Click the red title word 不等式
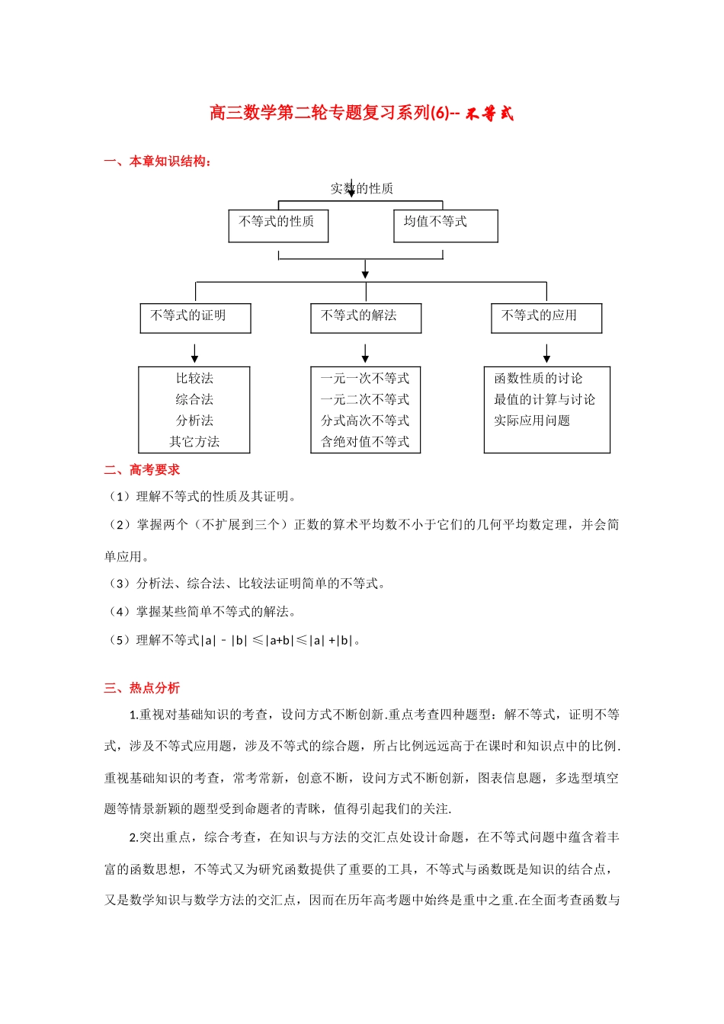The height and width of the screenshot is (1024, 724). point(490,114)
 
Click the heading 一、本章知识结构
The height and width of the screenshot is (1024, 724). point(159,162)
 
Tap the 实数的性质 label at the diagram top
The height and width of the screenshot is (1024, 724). point(362,188)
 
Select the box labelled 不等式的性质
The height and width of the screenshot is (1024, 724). point(278,226)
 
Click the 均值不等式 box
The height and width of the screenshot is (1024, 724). point(445,226)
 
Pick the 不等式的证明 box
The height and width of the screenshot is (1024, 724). point(195,318)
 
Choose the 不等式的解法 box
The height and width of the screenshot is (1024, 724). point(366,318)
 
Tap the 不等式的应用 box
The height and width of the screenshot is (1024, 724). point(546,318)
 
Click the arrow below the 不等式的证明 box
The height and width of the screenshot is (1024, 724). point(195,353)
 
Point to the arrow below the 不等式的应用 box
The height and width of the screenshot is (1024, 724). point(546,353)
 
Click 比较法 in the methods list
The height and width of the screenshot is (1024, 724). point(194,379)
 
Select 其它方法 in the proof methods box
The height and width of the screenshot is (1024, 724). point(194,442)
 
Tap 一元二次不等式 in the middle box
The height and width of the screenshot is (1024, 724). point(365,399)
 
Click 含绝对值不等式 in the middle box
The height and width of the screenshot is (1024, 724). point(365,442)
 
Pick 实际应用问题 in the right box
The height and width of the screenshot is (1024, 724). point(532,421)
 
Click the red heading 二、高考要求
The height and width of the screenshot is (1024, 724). point(143,470)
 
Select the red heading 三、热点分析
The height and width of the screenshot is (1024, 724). point(143,688)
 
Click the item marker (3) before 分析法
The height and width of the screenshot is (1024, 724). point(120,584)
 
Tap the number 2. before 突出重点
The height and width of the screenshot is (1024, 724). point(134,837)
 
